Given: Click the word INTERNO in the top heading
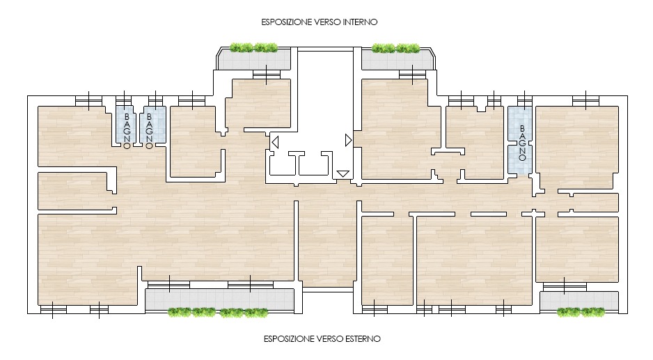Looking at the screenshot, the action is point(360,22).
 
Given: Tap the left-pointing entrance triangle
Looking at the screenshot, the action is point(275,143).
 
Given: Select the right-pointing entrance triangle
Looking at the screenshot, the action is point(349,141).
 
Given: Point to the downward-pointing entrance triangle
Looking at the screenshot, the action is point(343,174).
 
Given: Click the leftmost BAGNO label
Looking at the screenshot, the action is point(127,131).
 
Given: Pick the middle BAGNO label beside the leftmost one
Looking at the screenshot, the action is point(149,131).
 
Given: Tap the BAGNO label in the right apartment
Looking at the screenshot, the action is point(522,143).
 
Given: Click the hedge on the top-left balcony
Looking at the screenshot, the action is point(253,48).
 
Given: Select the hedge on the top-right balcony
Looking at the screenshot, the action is point(395,48).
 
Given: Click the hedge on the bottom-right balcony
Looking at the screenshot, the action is point(581,312).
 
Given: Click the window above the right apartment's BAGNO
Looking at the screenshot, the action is point(525,100).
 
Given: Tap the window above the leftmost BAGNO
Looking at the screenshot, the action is point(123,100).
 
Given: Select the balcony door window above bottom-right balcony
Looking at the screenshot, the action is point(565,287).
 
